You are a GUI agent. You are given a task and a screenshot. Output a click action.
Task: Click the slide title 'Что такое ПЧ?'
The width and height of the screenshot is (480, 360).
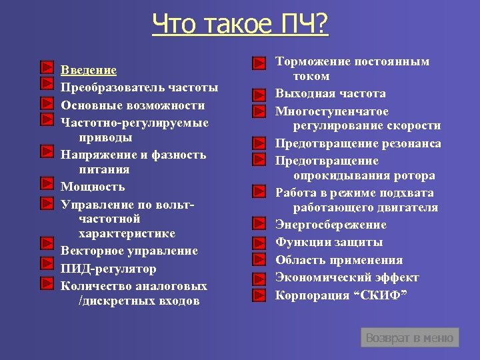point(240,25)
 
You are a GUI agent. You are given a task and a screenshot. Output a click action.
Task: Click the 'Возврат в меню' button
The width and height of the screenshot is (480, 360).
point(409,338)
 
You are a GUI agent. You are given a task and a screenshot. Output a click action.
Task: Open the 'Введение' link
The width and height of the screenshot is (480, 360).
point(89,70)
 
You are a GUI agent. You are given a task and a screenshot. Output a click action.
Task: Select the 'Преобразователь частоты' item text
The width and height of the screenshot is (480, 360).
point(139,87)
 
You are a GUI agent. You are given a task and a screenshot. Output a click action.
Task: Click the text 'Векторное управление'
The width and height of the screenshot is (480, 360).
point(129,251)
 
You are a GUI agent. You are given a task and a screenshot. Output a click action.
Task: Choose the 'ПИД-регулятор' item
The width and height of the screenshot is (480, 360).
point(109,269)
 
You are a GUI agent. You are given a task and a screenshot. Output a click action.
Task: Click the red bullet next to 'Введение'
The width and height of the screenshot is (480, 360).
point(46,67)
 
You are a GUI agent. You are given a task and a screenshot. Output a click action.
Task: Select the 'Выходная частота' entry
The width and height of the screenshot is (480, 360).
point(331,93)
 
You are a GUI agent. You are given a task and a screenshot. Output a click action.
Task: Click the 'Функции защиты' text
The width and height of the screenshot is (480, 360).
point(329,242)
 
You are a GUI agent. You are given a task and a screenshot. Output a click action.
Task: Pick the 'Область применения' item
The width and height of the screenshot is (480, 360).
point(339,260)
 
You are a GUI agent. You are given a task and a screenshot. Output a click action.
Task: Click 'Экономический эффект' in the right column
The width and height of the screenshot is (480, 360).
point(347,277)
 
